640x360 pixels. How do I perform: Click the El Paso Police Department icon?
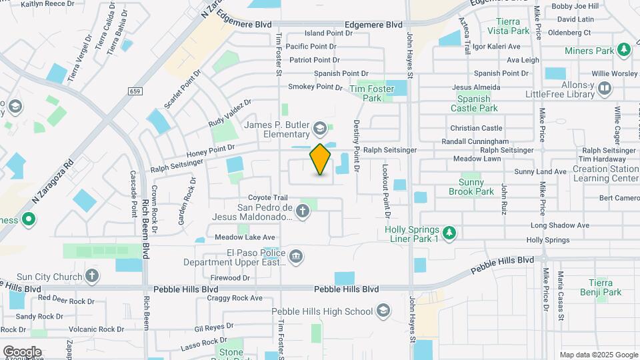(297, 255)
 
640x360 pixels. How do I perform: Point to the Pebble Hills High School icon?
(383, 311)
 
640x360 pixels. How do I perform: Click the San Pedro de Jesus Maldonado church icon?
(303, 212)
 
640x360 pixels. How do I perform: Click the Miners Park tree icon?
(624, 50)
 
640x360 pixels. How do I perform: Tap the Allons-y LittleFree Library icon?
(605, 88)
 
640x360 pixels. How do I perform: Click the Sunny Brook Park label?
(476, 187)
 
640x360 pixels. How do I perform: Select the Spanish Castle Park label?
(474, 103)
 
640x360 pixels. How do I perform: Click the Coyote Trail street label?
(268, 197)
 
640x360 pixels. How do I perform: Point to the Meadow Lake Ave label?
(245, 237)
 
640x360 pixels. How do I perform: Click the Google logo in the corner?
(22, 351)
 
